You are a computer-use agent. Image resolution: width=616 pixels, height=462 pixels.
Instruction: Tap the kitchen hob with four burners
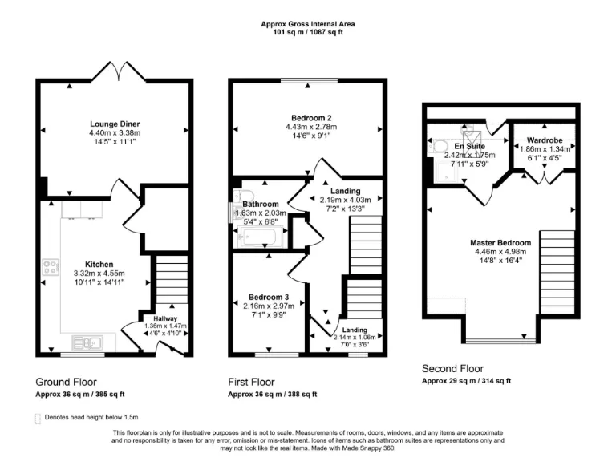(50, 268)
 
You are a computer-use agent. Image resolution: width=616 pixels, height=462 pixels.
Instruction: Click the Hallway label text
(165, 318)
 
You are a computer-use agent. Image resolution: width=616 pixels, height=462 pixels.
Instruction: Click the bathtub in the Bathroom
(259, 237)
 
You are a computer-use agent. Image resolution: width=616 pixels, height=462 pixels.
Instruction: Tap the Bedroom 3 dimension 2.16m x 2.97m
(269, 306)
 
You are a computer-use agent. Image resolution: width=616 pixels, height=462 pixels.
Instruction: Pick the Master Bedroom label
(500, 242)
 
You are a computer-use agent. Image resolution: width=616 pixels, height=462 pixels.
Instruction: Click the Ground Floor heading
(68, 382)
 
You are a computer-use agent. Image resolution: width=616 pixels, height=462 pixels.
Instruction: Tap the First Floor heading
(252, 382)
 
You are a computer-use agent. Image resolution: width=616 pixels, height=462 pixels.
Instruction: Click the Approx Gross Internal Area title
(308, 24)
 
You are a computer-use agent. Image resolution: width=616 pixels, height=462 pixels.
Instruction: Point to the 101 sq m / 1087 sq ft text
(308, 33)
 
